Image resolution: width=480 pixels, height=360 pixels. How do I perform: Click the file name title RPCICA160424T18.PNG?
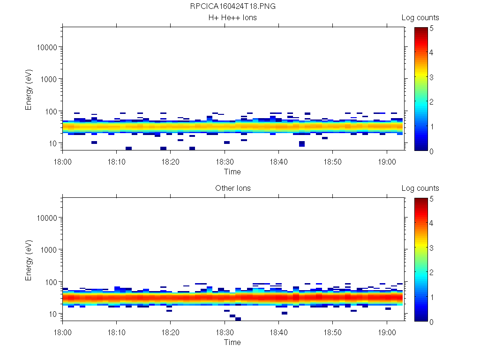[x=232, y=7]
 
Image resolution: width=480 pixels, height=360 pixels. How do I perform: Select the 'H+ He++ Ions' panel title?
[x=232, y=18]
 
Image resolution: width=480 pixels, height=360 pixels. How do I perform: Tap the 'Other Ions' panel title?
[x=232, y=188]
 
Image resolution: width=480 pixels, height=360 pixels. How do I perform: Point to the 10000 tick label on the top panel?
[x=47, y=47]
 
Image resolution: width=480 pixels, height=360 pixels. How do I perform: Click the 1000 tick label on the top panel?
[x=49, y=79]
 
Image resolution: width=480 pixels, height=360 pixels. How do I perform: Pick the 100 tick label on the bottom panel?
[x=51, y=282]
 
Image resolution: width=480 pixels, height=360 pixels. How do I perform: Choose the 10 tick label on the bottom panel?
[x=53, y=314]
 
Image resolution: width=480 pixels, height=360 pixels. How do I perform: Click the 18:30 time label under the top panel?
[x=225, y=162]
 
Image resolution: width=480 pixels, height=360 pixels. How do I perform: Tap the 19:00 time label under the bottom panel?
[x=387, y=332]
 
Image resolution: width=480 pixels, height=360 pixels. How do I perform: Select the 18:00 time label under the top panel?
[x=63, y=162]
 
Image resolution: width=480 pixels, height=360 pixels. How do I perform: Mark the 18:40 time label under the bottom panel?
[x=279, y=332]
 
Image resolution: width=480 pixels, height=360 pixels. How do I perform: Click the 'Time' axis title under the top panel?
[x=232, y=172]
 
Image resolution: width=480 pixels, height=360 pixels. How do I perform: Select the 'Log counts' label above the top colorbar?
[x=420, y=18]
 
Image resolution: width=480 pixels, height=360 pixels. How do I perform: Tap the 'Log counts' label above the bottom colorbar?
[x=420, y=188]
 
